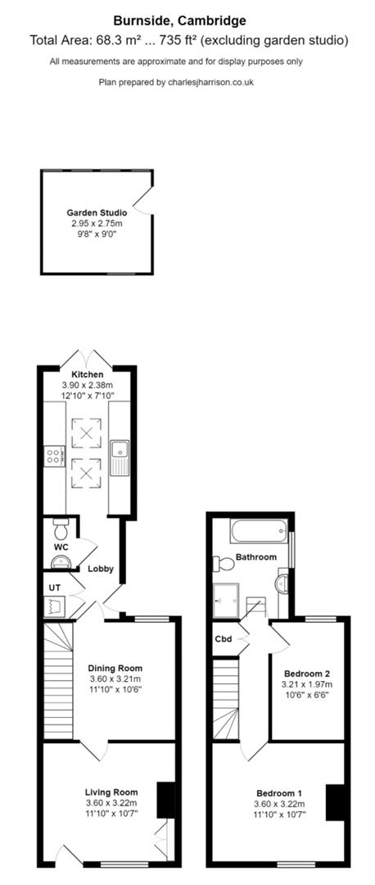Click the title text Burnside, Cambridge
(x=187, y=20)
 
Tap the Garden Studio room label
(x=97, y=212)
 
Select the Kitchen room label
(x=88, y=374)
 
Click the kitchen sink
(x=120, y=452)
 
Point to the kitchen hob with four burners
(x=56, y=455)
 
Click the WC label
(x=61, y=547)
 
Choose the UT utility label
(x=55, y=588)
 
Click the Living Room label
(x=111, y=792)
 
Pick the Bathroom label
(x=256, y=557)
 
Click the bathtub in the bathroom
(x=259, y=532)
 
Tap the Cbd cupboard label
(x=223, y=638)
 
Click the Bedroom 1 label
(x=279, y=793)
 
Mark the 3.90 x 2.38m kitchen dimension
(x=88, y=385)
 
